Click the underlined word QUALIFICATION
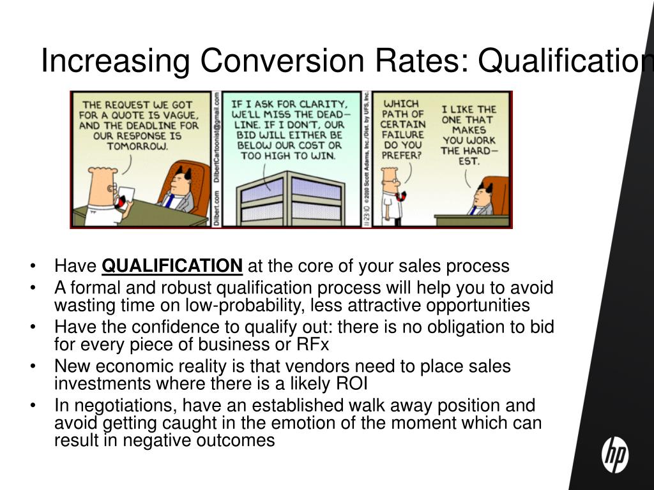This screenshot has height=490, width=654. [172, 265]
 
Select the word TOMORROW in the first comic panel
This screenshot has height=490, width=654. [138, 146]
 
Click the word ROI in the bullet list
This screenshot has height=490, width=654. [351, 383]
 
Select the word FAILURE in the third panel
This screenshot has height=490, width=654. [402, 134]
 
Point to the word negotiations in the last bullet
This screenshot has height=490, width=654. [121, 406]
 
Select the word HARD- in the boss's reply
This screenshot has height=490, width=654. [478, 151]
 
